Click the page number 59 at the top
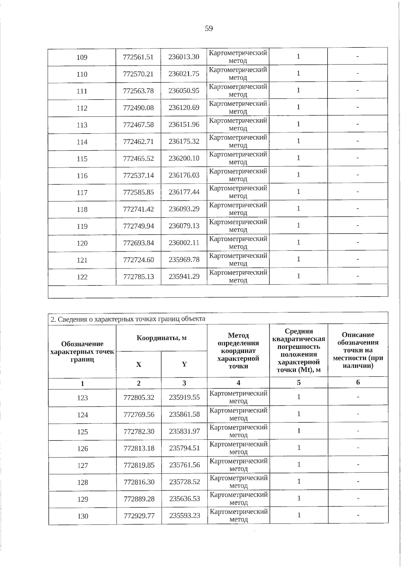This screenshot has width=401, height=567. pyautogui.click(x=209, y=28)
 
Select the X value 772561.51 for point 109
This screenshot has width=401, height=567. pyautogui.click(x=138, y=57)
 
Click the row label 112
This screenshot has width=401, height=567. pyautogui.click(x=82, y=108)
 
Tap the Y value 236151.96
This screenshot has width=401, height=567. pyautogui.click(x=184, y=125)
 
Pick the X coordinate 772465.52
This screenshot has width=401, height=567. pyautogui.click(x=138, y=159)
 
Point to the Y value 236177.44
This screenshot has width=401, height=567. pyautogui.click(x=184, y=192)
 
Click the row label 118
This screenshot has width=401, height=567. pyautogui.click(x=82, y=209)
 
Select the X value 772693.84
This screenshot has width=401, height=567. pyautogui.click(x=138, y=243)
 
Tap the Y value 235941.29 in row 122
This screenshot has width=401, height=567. pyautogui.click(x=184, y=276)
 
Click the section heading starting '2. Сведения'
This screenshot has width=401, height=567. pyautogui.click(x=128, y=319)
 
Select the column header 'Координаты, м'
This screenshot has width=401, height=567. pyautogui.click(x=161, y=338)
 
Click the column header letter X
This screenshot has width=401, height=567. pyautogui.click(x=139, y=364)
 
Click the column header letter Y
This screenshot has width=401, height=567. pyautogui.click(x=184, y=364)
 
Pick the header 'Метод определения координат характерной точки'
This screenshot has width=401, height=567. pyautogui.click(x=238, y=351)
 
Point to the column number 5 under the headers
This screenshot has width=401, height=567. pyautogui.click(x=299, y=382)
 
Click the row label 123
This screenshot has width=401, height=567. pyautogui.click(x=83, y=398)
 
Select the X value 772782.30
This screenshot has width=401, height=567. pyautogui.click(x=139, y=431)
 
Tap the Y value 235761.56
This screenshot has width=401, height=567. pyautogui.click(x=184, y=465)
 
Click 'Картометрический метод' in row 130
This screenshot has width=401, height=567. pyautogui.click(x=239, y=515)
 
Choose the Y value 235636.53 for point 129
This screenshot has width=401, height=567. pyautogui.click(x=184, y=499)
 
